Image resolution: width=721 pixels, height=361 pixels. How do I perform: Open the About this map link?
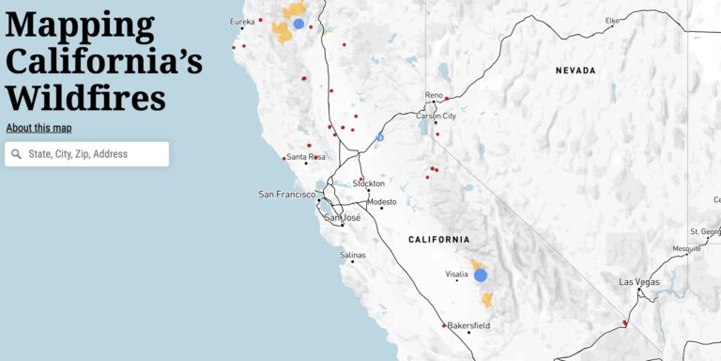tap(38, 128)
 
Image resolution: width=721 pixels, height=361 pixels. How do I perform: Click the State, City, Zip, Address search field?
tap(94, 154)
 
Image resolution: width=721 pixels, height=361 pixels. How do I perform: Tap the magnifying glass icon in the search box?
tap(16, 154)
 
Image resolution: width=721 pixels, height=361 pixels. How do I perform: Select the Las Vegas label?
tap(638, 282)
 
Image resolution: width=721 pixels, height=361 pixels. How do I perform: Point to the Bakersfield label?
tap(468, 325)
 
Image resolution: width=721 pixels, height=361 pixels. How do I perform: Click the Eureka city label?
tap(242, 22)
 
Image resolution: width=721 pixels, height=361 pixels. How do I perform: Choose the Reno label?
tap(433, 95)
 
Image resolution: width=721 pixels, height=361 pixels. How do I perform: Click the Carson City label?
tap(437, 116)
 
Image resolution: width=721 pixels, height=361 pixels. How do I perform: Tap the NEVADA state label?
tap(575, 71)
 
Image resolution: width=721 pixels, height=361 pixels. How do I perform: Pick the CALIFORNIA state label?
tap(439, 240)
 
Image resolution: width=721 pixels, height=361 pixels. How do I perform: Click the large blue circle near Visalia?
tap(481, 275)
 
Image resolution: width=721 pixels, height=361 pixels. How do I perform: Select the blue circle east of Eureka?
tap(299, 24)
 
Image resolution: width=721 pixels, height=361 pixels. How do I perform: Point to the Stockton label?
tap(369, 183)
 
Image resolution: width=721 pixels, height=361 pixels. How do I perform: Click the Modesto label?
tap(382, 201)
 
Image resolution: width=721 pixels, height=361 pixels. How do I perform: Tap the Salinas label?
tap(352, 255)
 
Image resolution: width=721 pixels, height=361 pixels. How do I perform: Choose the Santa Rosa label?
tap(305, 157)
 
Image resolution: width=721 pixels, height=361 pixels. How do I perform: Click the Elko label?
tap(612, 20)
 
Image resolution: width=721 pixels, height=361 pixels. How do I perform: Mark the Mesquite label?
tap(686, 249)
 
